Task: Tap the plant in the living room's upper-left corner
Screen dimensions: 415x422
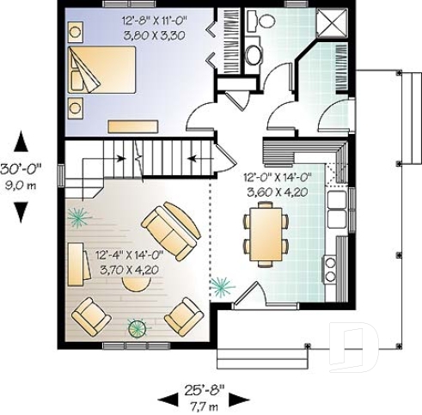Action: click(x=78, y=217)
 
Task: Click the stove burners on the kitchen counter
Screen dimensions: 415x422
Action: click(x=329, y=265)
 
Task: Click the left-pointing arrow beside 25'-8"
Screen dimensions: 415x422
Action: click(x=166, y=399)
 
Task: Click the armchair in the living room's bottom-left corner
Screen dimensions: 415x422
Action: click(x=90, y=317)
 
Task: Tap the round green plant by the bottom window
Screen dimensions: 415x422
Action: click(x=136, y=327)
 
